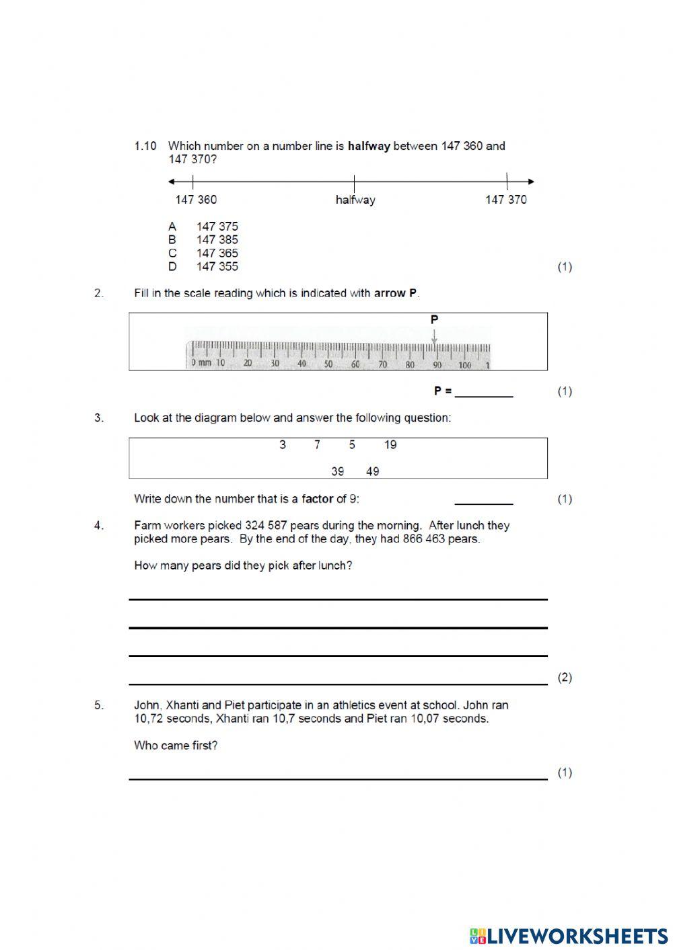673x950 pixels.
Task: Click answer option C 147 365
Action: pos(204,253)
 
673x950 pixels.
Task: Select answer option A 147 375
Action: pos(204,227)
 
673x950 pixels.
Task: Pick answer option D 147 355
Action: pos(204,267)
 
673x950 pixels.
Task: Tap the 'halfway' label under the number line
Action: pos(355,200)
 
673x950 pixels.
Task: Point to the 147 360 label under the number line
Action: pos(196,200)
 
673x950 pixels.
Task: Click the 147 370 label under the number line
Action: pos(506,200)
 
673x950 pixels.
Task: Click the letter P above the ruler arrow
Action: pos(434,319)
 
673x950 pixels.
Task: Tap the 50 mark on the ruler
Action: pos(328,364)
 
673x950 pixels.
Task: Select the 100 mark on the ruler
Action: pos(464,365)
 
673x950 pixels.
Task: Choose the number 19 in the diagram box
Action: pos(390,445)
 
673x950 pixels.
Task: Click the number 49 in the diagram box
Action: pos(373,472)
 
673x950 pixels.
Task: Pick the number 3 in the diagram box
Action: pos(283,445)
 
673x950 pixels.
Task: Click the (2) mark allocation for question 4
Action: pos(565,678)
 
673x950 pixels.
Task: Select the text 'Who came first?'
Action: pos(176,746)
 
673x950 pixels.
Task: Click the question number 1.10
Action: pos(145,146)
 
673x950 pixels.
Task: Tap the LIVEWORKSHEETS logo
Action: pos(569,936)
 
